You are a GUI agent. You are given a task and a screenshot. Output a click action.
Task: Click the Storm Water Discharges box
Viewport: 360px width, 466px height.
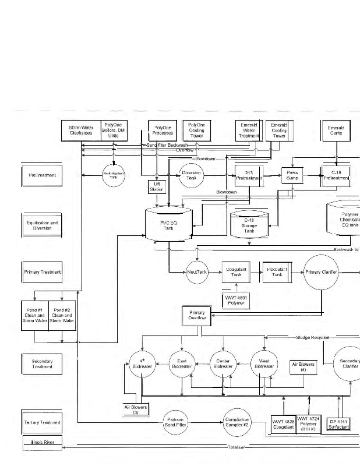81,130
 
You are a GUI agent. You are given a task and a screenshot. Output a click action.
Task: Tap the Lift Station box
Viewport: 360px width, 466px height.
157,186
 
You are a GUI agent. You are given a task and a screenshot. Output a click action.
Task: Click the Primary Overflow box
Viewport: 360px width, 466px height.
197,316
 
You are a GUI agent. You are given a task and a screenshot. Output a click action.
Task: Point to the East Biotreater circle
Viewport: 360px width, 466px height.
181,364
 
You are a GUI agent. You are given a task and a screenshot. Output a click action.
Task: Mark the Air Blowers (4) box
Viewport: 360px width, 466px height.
303,367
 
